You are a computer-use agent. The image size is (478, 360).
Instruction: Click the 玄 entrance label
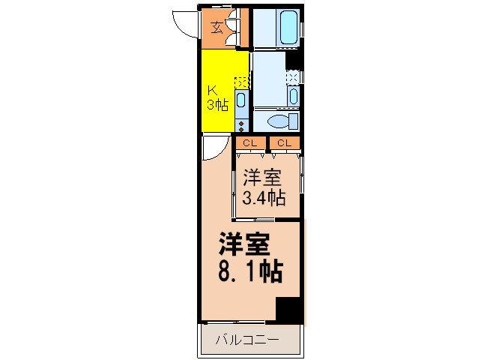[x=216, y=28]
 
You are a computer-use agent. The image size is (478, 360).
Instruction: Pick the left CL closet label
[x=249, y=142]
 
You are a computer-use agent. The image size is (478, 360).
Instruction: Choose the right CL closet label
[x=285, y=142]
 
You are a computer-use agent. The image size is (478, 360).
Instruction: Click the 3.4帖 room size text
[x=264, y=197]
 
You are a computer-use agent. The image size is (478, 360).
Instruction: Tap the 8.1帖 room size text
[x=250, y=271]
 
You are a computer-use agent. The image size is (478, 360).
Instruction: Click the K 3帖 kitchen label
[x=217, y=98]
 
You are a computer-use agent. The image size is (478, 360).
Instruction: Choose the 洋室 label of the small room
[x=262, y=178]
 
